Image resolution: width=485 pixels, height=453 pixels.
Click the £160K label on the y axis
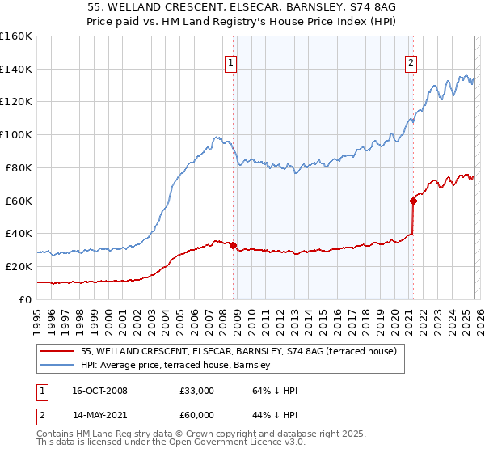[x=16, y=36]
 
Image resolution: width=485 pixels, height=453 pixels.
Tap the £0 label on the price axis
[x=26, y=299]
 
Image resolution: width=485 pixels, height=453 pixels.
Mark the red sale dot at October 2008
[x=233, y=245]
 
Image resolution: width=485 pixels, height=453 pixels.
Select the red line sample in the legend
[x=57, y=352]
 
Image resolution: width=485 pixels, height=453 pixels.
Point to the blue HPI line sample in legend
[x=57, y=365]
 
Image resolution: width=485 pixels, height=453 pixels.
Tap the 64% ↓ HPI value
[x=275, y=391]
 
